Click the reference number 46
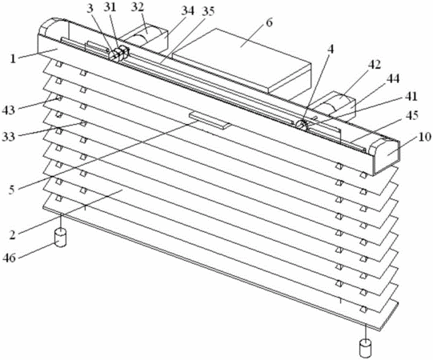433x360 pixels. (9, 258)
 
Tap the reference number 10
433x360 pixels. (424, 138)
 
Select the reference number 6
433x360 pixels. (269, 22)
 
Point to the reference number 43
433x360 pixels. (8, 110)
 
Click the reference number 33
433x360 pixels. (8, 136)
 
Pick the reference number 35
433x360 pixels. (208, 11)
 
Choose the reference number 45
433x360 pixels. (411, 115)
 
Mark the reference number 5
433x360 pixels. (11, 190)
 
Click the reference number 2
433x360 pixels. (12, 235)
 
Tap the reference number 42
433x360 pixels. (374, 65)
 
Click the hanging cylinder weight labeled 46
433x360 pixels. (61, 237)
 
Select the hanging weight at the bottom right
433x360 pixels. (365, 349)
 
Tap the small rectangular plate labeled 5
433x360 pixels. (210, 120)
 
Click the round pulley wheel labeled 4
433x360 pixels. (302, 125)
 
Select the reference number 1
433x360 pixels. (14, 58)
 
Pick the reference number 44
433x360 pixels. (393, 79)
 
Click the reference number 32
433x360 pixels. (138, 7)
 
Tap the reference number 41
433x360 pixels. (411, 97)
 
